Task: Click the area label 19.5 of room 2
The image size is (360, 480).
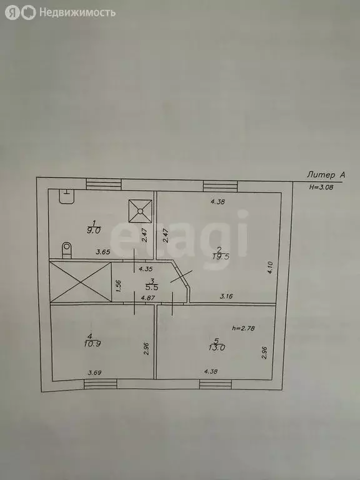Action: click(221, 256)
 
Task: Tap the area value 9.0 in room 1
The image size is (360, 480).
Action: click(94, 231)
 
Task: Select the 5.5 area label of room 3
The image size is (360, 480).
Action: click(152, 287)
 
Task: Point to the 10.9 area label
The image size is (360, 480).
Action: click(92, 344)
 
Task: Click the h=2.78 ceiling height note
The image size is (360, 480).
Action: click(244, 328)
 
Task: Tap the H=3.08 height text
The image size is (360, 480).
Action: click(321, 187)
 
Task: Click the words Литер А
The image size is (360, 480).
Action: click(326, 175)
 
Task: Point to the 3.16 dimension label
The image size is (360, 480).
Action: click(227, 296)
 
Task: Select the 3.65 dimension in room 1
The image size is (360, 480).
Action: click(102, 252)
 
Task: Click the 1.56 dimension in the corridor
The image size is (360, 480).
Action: click(119, 286)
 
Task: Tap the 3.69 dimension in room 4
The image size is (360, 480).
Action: click(94, 372)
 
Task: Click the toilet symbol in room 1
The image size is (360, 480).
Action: click(66, 250)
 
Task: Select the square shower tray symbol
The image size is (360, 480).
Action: click(140, 211)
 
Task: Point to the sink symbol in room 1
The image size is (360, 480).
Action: click(67, 196)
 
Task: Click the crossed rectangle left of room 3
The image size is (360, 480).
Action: click(81, 282)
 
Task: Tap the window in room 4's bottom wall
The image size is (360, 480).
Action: click(101, 384)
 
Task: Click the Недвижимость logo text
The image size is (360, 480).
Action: click(77, 12)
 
